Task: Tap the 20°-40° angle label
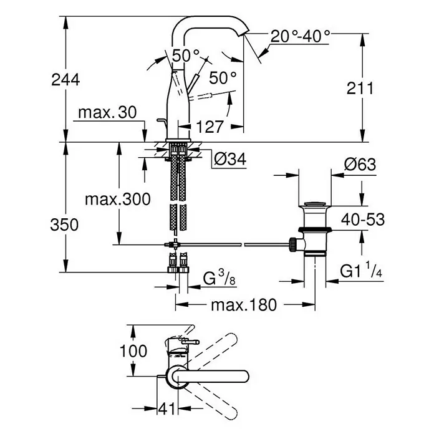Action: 300,37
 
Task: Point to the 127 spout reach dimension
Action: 209,127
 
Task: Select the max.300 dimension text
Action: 117,200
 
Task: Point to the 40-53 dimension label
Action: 363,219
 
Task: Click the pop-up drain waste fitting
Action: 314,228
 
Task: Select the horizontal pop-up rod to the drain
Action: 237,243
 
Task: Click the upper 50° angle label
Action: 185,55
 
